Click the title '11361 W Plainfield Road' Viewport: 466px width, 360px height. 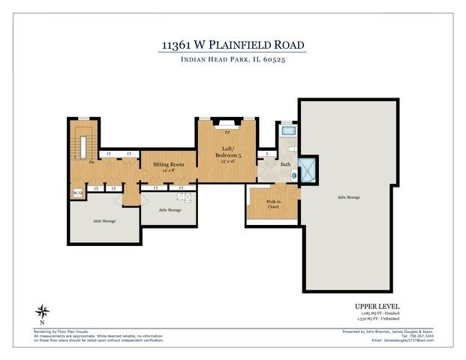tap(233, 44)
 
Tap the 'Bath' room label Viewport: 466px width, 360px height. tap(285, 163)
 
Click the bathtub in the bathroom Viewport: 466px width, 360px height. tap(288, 132)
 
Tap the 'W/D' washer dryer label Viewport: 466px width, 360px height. tap(77, 193)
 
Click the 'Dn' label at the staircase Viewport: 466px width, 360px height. tap(91, 161)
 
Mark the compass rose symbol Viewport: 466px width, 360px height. tap(44, 311)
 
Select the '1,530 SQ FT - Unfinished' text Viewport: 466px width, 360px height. tap(377, 320)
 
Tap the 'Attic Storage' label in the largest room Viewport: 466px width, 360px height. tap(348, 197)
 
